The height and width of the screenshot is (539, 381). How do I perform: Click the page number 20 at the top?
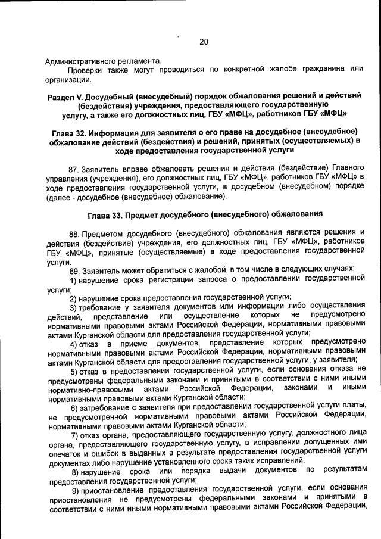204,42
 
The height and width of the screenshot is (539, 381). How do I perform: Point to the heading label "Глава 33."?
106,213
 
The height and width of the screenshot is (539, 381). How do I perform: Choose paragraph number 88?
75,232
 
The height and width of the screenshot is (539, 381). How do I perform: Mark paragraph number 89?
75,270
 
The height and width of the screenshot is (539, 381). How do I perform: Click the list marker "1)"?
74,279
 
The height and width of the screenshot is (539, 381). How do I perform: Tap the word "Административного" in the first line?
81,60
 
